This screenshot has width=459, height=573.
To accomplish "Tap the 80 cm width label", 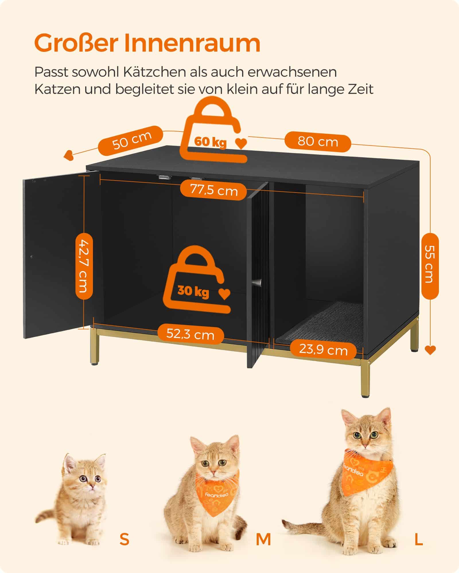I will (318, 142).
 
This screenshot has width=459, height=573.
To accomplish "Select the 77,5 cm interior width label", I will (214, 190).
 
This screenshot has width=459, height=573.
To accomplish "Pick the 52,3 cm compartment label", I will (190, 334).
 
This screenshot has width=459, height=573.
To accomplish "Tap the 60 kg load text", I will (210, 142).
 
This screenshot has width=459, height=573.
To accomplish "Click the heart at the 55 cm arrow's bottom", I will (430, 350).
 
